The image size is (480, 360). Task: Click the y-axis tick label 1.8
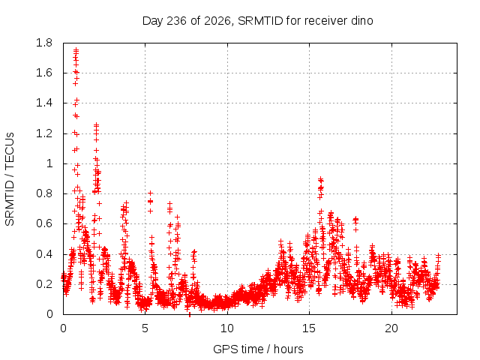[44, 43]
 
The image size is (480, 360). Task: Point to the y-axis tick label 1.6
[44, 73]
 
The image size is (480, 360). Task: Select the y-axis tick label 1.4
[44, 103]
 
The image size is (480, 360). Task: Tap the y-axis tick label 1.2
[44, 133]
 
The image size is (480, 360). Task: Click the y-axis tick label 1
[49, 163]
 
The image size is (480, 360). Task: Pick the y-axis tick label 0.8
[44, 193]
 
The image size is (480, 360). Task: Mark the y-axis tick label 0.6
[44, 223]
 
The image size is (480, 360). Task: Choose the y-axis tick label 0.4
[44, 254]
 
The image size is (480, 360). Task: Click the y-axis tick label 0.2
[44, 284]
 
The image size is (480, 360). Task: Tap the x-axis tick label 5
[145, 328]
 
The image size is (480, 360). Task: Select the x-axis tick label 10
[227, 328]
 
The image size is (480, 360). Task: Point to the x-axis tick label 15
[309, 328]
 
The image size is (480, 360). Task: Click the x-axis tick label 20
[391, 328]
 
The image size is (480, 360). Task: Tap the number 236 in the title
[176, 21]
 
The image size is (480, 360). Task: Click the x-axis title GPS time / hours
[258, 349]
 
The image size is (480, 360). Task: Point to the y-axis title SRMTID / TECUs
[10, 179]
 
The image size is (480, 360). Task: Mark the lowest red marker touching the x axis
[190, 314]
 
